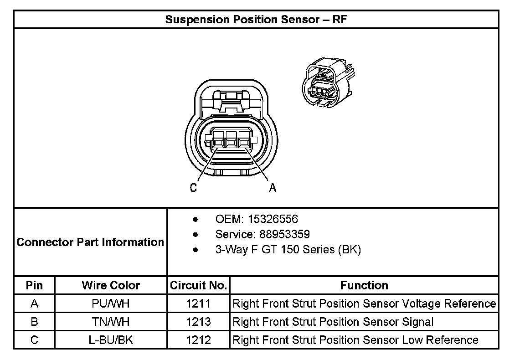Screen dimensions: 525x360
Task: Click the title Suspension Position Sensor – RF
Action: pyautogui.click(x=257, y=20)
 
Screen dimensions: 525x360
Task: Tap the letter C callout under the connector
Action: pyautogui.click(x=194, y=188)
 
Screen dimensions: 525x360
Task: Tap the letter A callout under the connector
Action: pyautogui.click(x=273, y=188)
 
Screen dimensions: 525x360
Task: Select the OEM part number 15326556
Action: pyautogui.click(x=273, y=219)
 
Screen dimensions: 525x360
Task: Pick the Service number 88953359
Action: pyautogui.click(x=284, y=234)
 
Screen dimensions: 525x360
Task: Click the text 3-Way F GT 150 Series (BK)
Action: pyautogui.click(x=288, y=250)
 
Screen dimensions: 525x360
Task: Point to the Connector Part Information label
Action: pyautogui.click(x=90, y=242)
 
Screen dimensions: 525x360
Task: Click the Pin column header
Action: pyautogui.click(x=34, y=285)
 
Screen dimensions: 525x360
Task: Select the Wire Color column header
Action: pyautogui.click(x=111, y=285)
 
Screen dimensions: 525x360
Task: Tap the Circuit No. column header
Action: pyautogui.click(x=198, y=285)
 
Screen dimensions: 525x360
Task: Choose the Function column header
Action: pyautogui.click(x=364, y=285)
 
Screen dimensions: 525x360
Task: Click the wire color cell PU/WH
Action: pyautogui.click(x=111, y=303)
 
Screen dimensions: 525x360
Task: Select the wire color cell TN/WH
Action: pyautogui.click(x=111, y=322)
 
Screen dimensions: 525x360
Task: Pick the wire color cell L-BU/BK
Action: pyautogui.click(x=111, y=340)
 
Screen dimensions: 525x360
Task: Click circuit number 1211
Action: pyautogui.click(x=198, y=303)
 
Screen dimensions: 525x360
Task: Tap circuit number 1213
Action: pyautogui.click(x=198, y=322)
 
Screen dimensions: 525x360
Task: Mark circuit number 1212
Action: pyautogui.click(x=198, y=340)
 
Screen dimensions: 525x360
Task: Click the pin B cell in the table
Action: pyautogui.click(x=34, y=322)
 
